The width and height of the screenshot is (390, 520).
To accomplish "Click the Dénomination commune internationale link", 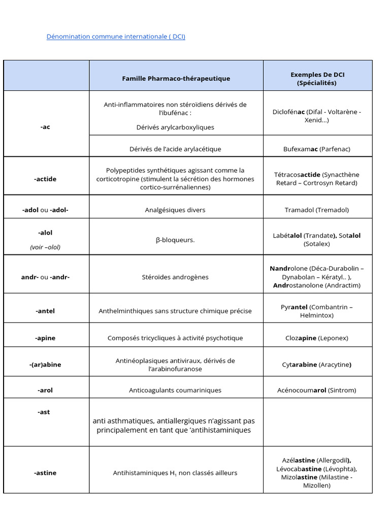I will [116, 37].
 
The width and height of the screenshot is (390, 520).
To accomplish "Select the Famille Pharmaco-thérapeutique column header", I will [176, 78].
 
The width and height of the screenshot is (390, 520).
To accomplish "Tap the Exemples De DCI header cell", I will [317, 79].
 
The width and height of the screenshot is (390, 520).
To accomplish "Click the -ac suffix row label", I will [46, 127].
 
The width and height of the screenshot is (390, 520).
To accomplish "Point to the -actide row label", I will [46, 179].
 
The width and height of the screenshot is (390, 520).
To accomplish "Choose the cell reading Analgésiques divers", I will [176, 210].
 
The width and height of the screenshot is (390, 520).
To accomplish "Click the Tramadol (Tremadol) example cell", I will [317, 210].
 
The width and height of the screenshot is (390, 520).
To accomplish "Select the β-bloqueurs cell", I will [175, 240].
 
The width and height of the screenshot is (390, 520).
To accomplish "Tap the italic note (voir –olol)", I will [45, 247].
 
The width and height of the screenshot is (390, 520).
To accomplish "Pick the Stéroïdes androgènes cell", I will [175, 277].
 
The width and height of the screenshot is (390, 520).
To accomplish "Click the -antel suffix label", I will [46, 311].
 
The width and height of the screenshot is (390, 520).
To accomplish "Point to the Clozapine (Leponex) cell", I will [317, 338].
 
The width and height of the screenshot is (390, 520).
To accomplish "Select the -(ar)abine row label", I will [45, 365].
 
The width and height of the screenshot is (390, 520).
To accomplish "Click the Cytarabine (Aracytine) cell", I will [317, 365].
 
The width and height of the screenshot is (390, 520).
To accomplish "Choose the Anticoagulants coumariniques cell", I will [175, 390].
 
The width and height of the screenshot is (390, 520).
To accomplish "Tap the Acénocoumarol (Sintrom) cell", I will [317, 390].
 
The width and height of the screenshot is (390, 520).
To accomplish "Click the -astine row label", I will [45, 473].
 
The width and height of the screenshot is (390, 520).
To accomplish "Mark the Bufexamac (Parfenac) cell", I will [317, 149].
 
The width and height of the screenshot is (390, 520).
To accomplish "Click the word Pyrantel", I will [294, 307].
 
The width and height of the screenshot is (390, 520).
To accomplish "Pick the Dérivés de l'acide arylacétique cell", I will [175, 149].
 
